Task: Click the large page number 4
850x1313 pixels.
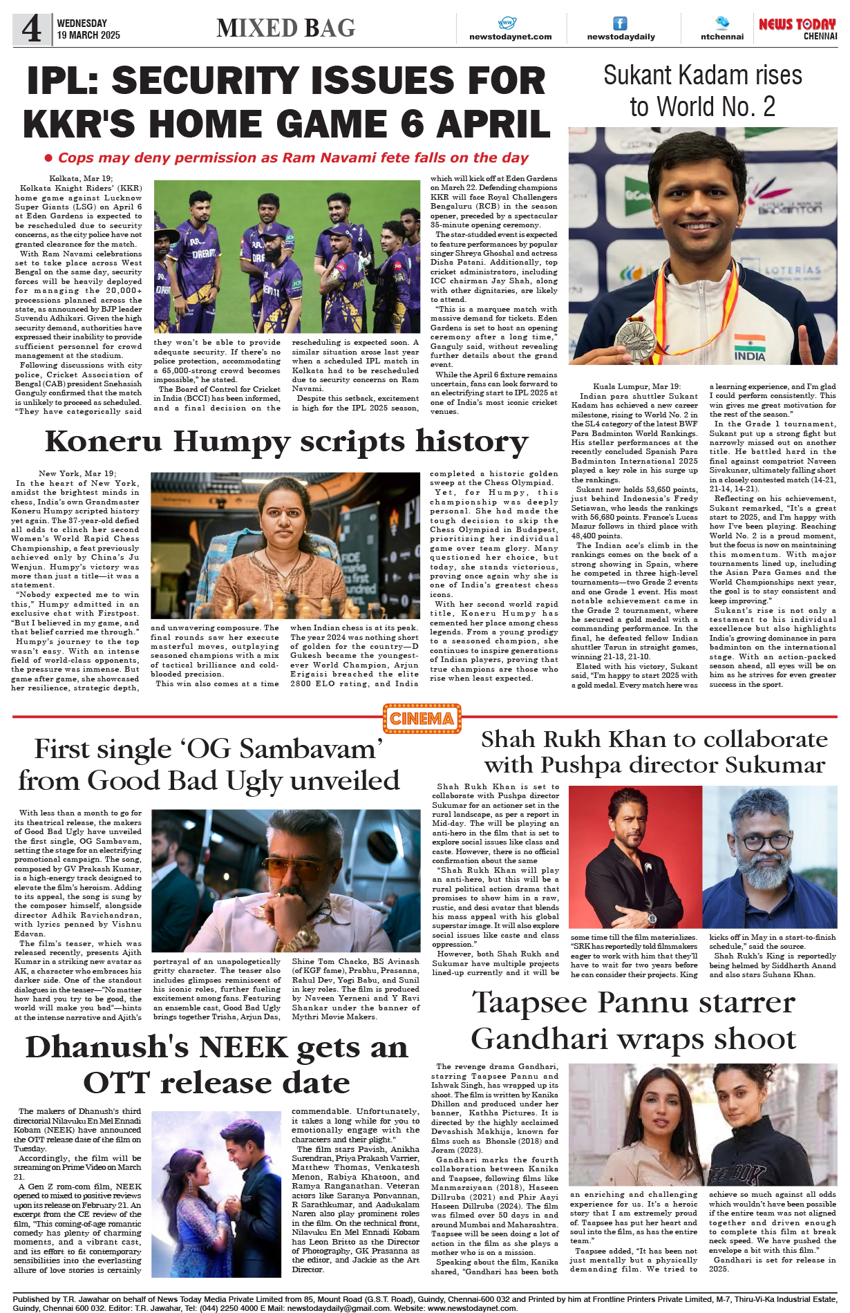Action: pos(32,29)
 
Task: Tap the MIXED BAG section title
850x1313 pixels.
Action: pos(285,28)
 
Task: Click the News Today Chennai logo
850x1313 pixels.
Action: pos(797,28)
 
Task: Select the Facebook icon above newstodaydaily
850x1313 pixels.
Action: pos(621,23)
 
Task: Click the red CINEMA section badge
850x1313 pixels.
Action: pos(422,719)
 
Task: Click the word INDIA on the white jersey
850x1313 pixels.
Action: pos(750,357)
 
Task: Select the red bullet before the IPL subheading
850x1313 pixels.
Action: pos(48,158)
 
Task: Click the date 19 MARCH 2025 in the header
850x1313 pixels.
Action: pos(88,35)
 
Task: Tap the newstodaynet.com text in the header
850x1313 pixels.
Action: pos(510,37)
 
